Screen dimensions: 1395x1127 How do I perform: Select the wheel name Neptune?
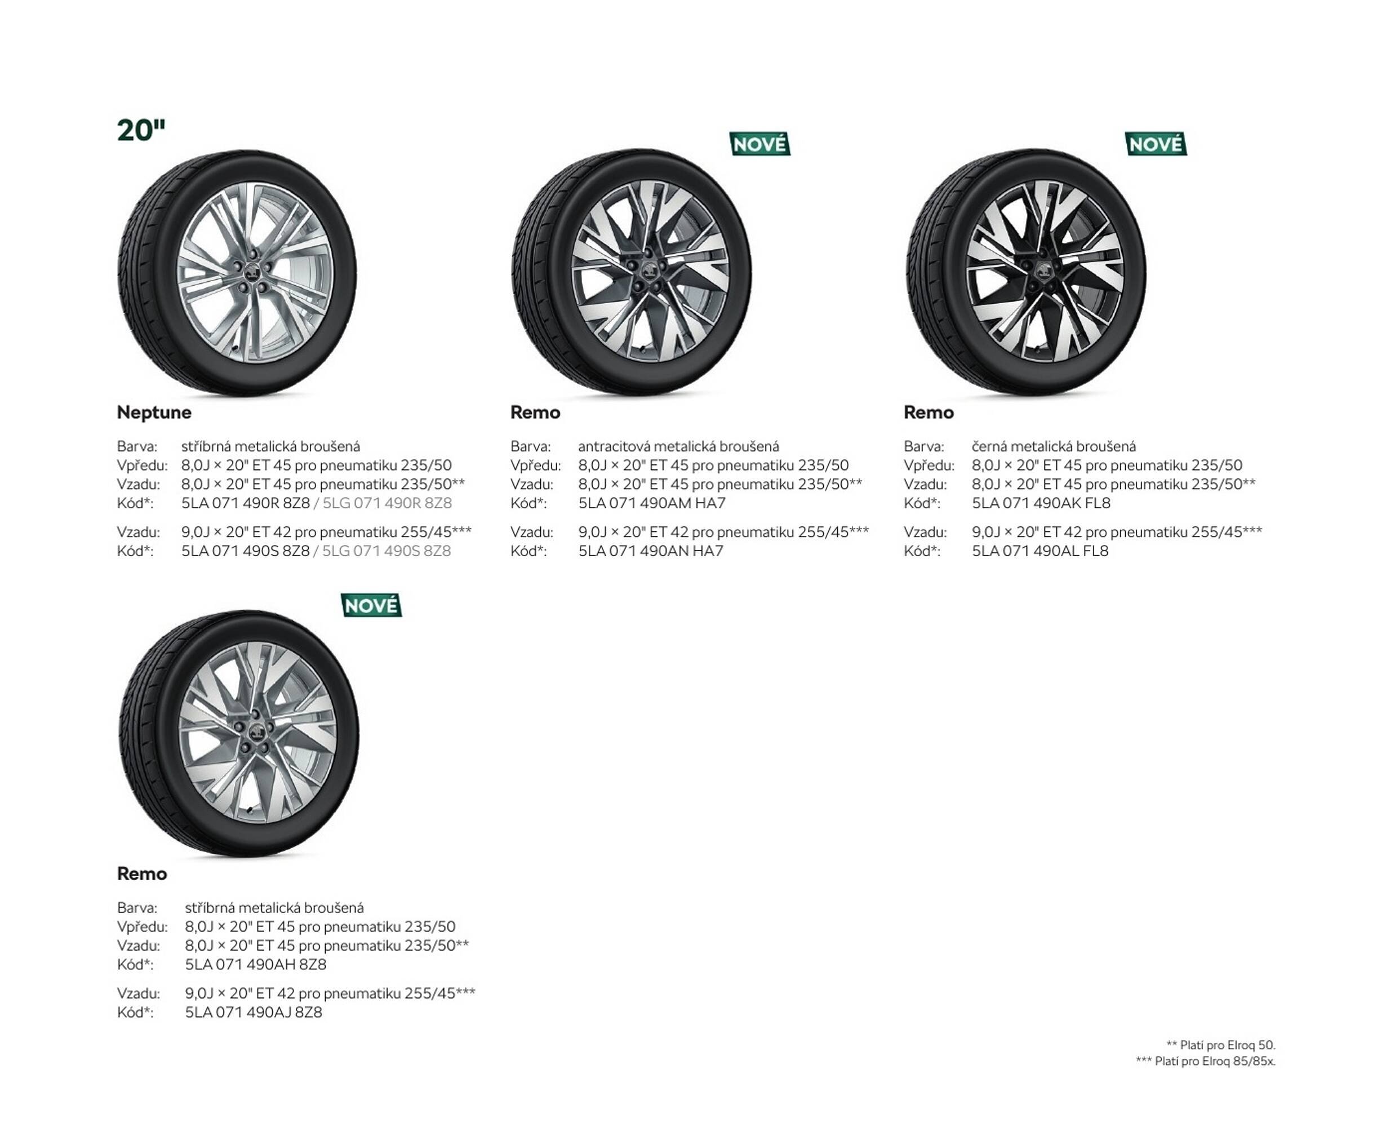click(x=154, y=412)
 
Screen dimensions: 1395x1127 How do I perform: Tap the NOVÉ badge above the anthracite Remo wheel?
click(x=759, y=144)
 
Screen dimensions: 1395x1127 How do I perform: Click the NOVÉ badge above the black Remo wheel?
click(x=1156, y=144)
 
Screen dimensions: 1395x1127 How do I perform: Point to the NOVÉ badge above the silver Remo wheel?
click(x=371, y=606)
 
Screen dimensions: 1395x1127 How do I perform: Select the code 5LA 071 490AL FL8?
click(x=1040, y=551)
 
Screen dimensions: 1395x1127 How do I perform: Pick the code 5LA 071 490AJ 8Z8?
click(x=253, y=1012)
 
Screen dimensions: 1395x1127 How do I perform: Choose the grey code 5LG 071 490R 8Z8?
click(x=387, y=503)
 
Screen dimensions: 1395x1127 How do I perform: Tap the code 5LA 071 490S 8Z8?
click(x=246, y=551)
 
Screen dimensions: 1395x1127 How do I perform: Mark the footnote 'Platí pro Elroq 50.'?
click(x=1220, y=1045)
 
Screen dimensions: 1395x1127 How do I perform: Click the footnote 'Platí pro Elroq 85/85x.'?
click(x=1206, y=1062)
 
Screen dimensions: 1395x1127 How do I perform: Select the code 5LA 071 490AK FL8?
click(x=1041, y=503)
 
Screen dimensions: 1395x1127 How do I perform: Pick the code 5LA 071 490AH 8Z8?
click(x=256, y=965)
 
